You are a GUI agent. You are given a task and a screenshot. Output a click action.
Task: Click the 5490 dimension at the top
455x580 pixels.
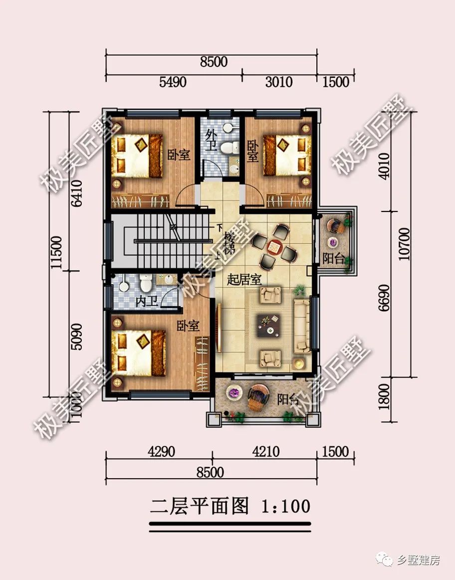click(x=173, y=82)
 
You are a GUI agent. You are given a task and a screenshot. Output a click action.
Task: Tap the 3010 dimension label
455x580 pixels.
click(x=279, y=82)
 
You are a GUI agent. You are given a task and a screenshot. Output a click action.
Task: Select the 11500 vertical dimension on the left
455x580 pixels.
click(x=57, y=253)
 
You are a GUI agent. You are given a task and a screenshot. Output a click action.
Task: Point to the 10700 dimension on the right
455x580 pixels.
click(x=404, y=244)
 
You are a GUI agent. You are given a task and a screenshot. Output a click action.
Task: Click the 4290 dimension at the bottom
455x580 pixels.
click(x=161, y=451)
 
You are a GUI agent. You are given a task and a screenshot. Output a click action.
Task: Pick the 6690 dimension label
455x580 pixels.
click(x=384, y=298)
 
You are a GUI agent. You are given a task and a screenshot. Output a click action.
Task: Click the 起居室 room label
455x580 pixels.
click(x=244, y=280)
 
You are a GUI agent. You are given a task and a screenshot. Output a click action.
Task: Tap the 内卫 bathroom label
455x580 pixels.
click(x=147, y=301)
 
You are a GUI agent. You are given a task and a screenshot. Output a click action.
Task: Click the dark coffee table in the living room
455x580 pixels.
click(x=268, y=325)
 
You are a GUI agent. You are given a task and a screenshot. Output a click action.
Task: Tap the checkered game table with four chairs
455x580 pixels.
click(x=274, y=246)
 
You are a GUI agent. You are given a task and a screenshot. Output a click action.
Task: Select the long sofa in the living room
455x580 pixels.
click(x=302, y=326)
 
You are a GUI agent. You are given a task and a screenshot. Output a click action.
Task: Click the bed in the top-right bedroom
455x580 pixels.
click(x=287, y=155)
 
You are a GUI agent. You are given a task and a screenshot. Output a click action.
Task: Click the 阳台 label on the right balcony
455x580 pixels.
click(x=333, y=258)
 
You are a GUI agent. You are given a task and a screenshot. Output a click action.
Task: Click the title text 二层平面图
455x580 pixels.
click(x=200, y=506)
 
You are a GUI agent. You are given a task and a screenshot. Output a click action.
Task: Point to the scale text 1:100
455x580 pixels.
click(x=285, y=506)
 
